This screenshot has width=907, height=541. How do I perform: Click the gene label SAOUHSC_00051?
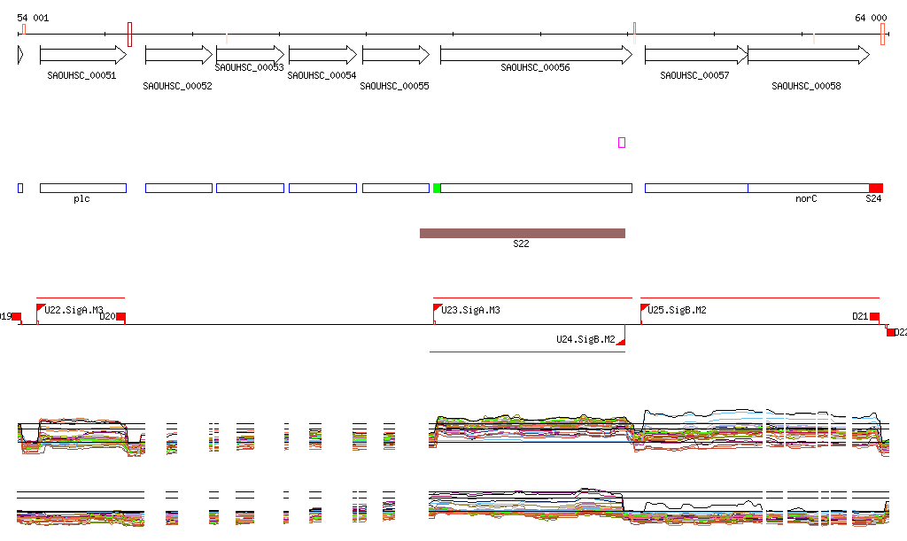click(81, 76)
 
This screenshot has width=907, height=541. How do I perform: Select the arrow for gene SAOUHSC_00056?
click(536, 55)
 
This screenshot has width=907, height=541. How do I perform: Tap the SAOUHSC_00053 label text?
click(249, 67)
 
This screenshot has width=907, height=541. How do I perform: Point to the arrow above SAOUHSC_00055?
click(395, 55)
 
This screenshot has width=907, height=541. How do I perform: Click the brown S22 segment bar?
click(522, 233)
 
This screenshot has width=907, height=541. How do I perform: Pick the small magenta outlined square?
click(622, 143)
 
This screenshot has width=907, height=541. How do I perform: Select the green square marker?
click(437, 188)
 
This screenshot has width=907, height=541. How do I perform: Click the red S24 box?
click(875, 188)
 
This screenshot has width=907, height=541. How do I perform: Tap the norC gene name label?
click(805, 199)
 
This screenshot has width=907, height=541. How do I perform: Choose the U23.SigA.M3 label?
click(470, 310)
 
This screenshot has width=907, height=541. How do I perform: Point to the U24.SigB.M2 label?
click(585, 339)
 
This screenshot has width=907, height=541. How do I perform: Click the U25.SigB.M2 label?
click(677, 310)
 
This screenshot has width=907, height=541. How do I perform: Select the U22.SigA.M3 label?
click(74, 310)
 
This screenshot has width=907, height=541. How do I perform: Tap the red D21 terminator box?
click(874, 317)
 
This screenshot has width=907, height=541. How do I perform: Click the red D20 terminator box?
click(121, 317)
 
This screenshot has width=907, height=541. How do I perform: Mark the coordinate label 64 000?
click(870, 18)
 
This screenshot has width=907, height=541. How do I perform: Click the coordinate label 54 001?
click(34, 18)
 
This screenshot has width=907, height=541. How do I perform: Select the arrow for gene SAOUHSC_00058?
click(809, 55)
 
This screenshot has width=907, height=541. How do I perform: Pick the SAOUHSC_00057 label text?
click(694, 76)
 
